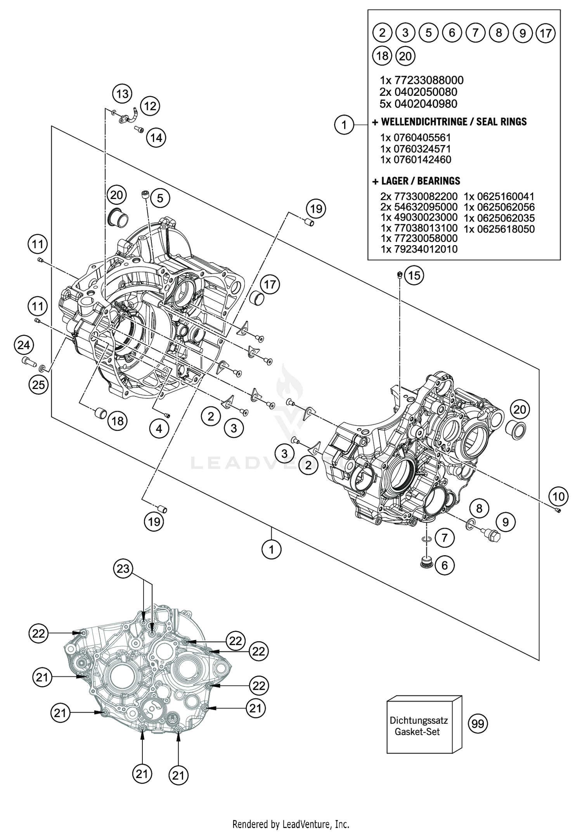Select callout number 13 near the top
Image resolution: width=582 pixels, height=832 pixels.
pyautogui.click(x=122, y=94)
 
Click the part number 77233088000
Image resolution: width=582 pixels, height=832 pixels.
pyautogui.click(x=429, y=80)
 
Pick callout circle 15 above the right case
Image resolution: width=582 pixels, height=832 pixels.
pyautogui.click(x=414, y=275)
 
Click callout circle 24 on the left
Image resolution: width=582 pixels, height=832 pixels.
pyautogui.click(x=24, y=345)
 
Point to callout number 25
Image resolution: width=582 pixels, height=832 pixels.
pyautogui.click(x=38, y=385)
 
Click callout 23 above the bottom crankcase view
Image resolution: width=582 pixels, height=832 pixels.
pyautogui.click(x=123, y=569)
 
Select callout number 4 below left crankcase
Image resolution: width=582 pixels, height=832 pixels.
pyautogui.click(x=159, y=429)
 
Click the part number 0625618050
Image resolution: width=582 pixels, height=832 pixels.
pyautogui.click(x=499, y=229)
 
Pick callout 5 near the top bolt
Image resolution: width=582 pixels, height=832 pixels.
pyautogui.click(x=160, y=199)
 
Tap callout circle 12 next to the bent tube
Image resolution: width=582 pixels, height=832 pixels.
pyautogui.click(x=150, y=106)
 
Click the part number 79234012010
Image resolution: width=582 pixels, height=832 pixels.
pyautogui.click(x=419, y=249)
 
